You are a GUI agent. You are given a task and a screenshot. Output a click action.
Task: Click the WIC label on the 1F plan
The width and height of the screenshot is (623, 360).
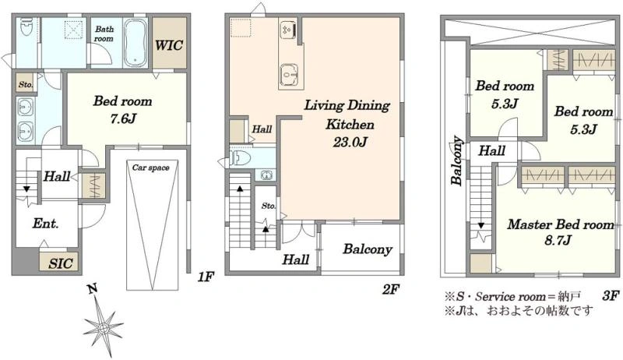point(169,45)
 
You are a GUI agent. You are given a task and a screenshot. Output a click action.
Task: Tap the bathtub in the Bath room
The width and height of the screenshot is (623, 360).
point(135,43)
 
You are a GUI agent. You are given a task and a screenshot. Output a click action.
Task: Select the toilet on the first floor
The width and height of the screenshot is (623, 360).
point(26,26)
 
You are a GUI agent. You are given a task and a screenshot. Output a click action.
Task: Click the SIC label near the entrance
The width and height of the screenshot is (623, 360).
point(61,263)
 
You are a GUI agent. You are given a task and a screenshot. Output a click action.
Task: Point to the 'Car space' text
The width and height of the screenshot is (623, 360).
point(151,168)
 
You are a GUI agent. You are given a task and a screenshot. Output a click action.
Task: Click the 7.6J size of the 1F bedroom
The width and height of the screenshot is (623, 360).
point(122,118)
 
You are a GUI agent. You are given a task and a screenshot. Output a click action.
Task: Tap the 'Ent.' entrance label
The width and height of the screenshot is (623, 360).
point(45,224)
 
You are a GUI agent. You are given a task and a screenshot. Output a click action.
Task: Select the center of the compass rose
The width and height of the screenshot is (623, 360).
point(104,328)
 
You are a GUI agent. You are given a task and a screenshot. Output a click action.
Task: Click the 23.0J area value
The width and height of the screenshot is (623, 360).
point(350,142)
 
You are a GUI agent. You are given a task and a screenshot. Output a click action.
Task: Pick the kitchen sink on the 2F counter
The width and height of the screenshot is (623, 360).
point(288,74)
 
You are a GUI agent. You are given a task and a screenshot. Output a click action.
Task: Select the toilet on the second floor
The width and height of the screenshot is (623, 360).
point(241,158)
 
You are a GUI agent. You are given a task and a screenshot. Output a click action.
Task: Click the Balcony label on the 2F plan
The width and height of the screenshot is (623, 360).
point(368,249)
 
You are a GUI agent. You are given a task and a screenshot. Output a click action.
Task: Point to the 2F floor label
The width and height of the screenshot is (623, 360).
point(391,290)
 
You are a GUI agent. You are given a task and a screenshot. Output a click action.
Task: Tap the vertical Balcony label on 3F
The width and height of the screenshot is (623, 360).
point(457,161)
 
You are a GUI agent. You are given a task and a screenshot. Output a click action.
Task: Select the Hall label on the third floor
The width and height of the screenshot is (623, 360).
point(492,150)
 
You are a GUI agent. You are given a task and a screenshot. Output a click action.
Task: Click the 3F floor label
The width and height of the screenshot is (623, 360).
point(611,295)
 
